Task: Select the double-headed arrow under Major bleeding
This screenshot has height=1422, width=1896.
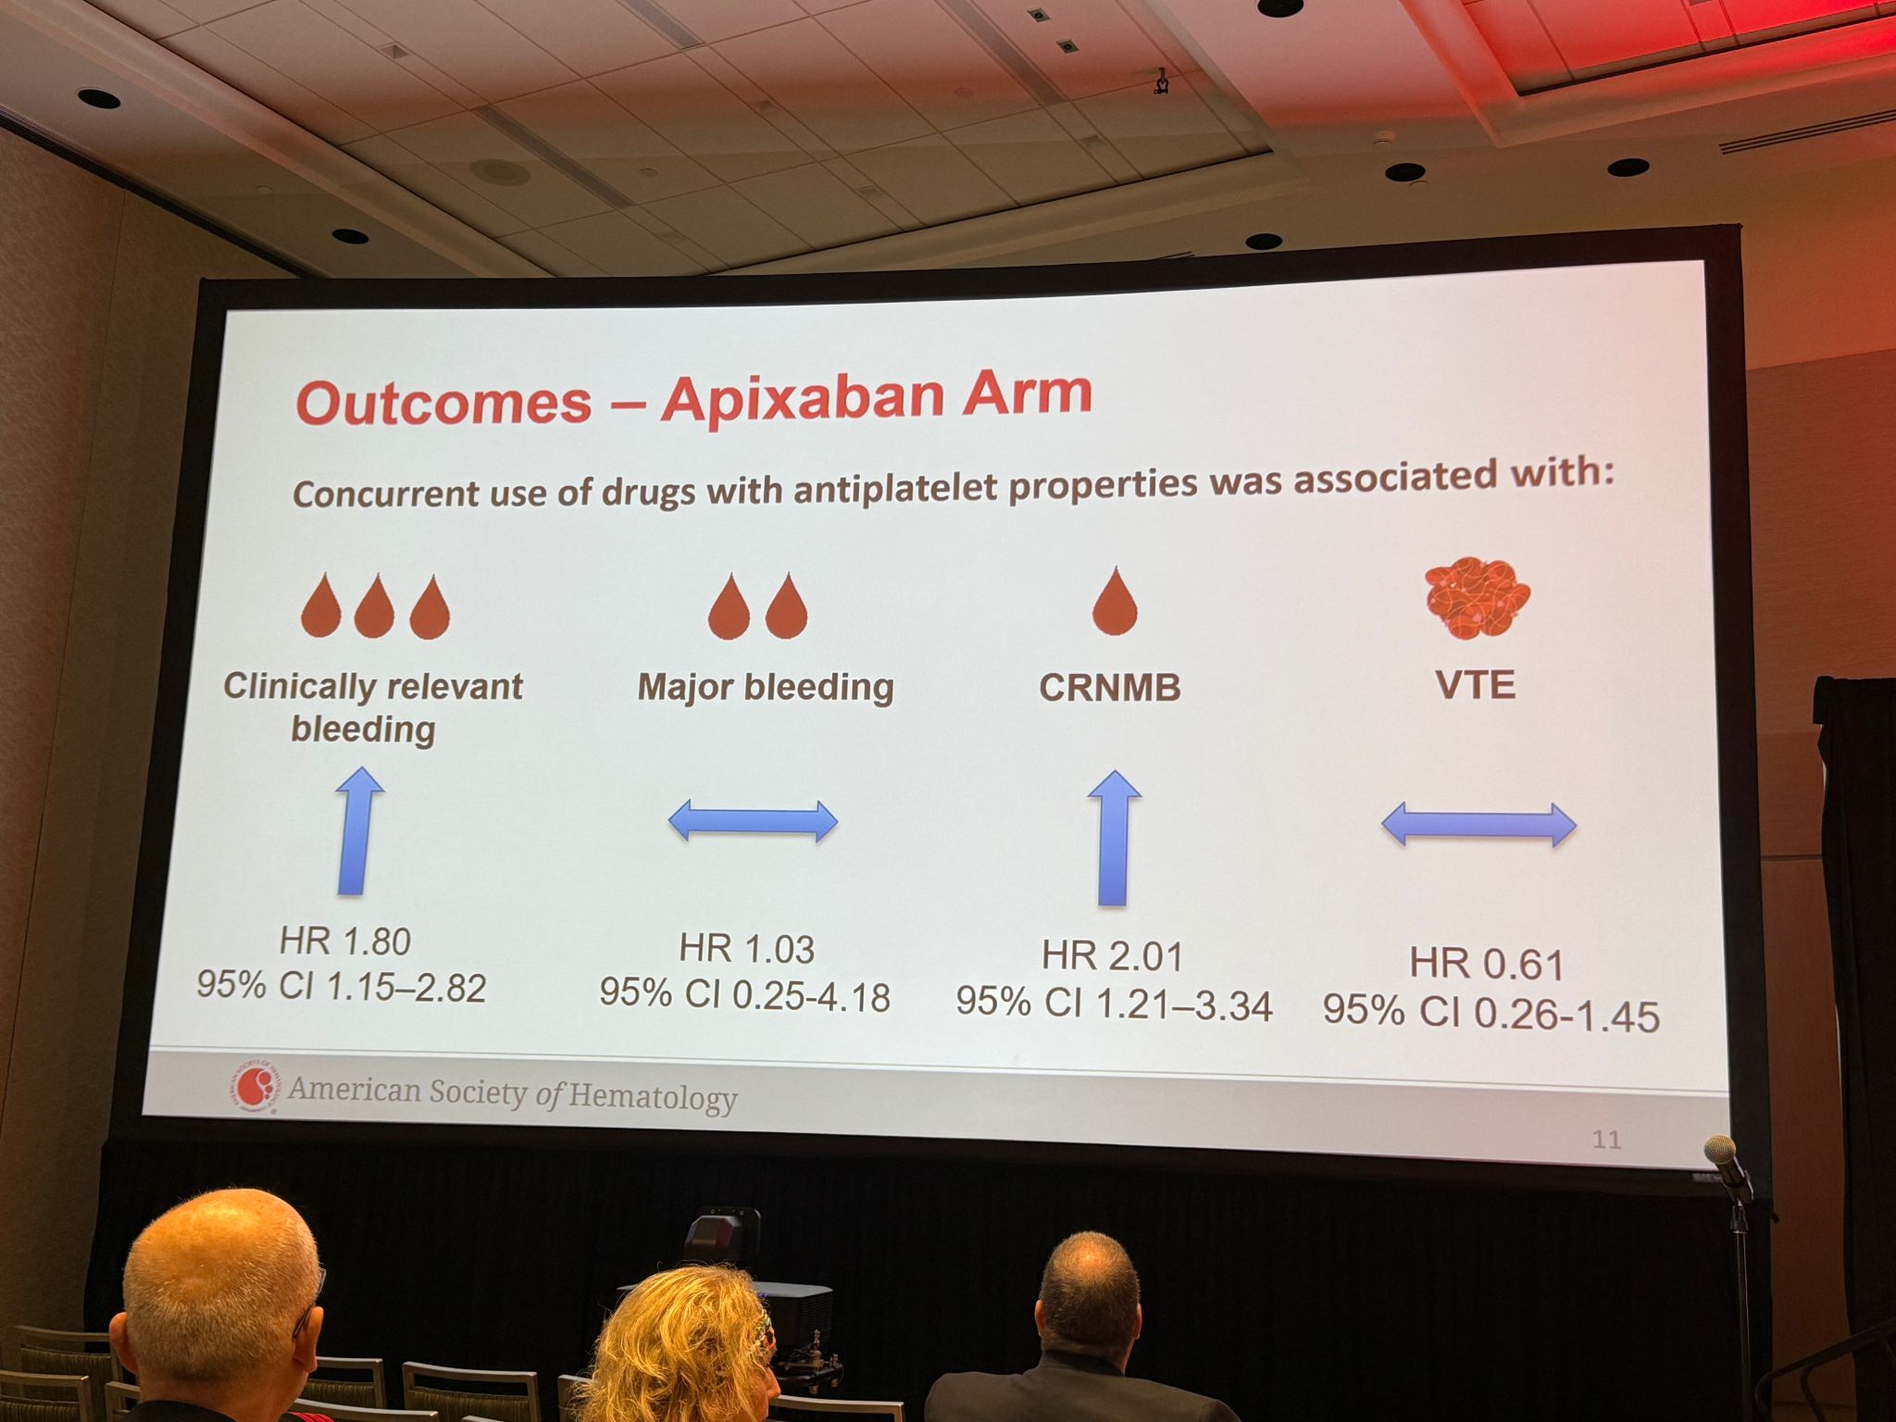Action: pyautogui.click(x=753, y=821)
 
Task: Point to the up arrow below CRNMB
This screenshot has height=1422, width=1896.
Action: pyautogui.click(x=1114, y=839)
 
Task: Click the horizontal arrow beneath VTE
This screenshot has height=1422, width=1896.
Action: pyautogui.click(x=1478, y=824)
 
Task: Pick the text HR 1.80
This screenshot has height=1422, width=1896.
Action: pyautogui.click(x=345, y=942)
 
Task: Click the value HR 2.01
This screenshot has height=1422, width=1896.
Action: pyautogui.click(x=1113, y=956)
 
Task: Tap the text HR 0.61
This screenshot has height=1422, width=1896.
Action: pyautogui.click(x=1487, y=965)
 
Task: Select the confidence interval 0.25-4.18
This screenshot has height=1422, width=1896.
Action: pyautogui.click(x=811, y=997)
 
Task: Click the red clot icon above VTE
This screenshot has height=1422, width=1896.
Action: pyautogui.click(x=1478, y=599)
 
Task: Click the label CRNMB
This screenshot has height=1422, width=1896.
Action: pyautogui.click(x=1110, y=688)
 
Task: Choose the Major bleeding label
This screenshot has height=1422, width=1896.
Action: pyautogui.click(x=766, y=688)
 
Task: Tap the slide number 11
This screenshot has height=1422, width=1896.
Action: pyautogui.click(x=1606, y=1140)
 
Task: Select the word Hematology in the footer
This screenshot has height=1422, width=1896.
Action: pyautogui.click(x=653, y=1097)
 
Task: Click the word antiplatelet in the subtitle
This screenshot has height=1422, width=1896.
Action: pyautogui.click(x=895, y=486)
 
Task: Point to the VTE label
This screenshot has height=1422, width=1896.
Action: pyautogui.click(x=1476, y=685)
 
